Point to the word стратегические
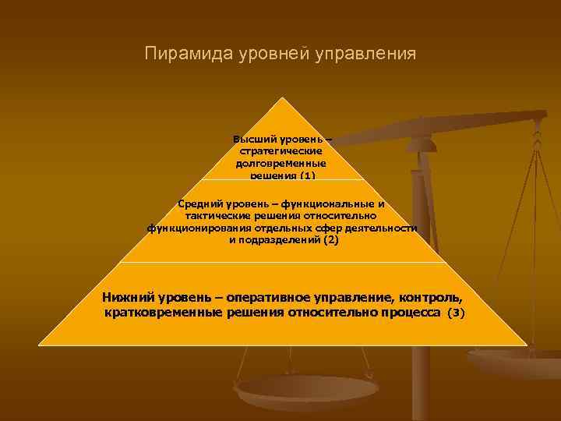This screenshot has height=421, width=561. pos(280,152)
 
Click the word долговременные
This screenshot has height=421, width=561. pos(280,164)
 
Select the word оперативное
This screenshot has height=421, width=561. pos(266,298)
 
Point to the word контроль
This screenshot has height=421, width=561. pos(431,298)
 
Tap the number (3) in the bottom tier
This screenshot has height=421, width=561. pos(456,313)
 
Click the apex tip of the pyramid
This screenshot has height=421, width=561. pos(280,99)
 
